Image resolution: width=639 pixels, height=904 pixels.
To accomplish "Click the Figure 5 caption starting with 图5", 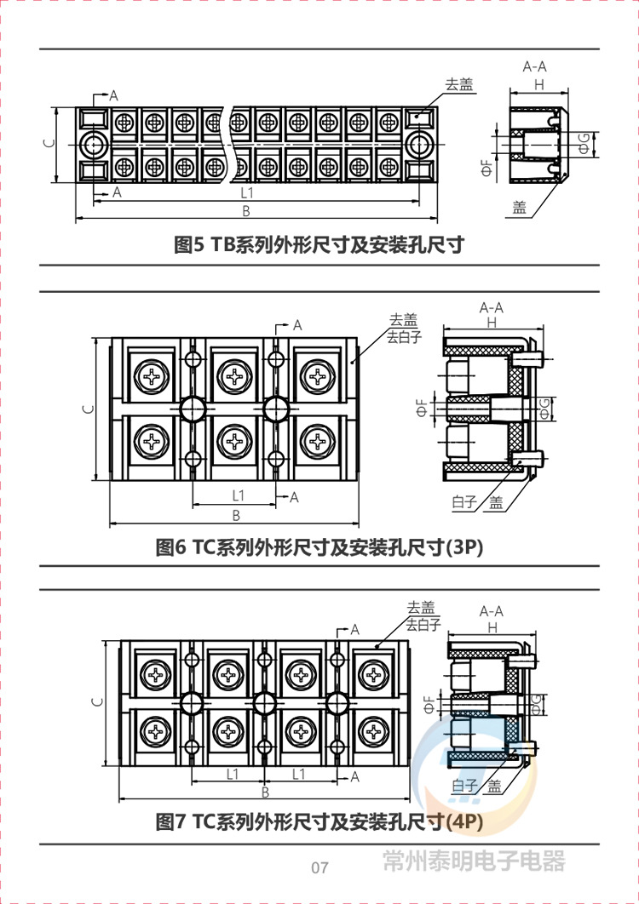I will coord(319,245).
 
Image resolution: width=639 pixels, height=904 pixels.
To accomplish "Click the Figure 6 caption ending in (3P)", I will coord(319,547).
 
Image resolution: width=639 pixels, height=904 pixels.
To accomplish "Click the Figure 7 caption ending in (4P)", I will coord(319,821).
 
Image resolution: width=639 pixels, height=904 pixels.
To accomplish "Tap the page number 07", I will coord(319,868).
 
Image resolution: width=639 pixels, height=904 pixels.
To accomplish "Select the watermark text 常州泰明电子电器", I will coord(474,861).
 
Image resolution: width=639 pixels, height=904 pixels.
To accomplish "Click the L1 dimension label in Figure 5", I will coord(247,193).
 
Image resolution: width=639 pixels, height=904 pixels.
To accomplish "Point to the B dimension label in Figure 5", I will coord(246,211).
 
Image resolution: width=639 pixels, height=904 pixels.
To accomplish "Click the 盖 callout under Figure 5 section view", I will coord(519,207).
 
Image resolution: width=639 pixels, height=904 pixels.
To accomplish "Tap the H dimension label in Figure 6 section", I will coord(492,323).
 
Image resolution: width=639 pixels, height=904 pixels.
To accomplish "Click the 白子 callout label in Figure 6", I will coord(463,502).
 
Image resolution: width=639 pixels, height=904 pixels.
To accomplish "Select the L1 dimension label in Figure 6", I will coord(238,495).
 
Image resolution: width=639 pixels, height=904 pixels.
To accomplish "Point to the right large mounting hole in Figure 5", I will coord(418,145).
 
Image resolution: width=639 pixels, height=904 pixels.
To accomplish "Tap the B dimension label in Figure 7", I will coord(265,792).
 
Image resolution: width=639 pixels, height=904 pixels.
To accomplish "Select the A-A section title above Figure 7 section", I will coord(492,610).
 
